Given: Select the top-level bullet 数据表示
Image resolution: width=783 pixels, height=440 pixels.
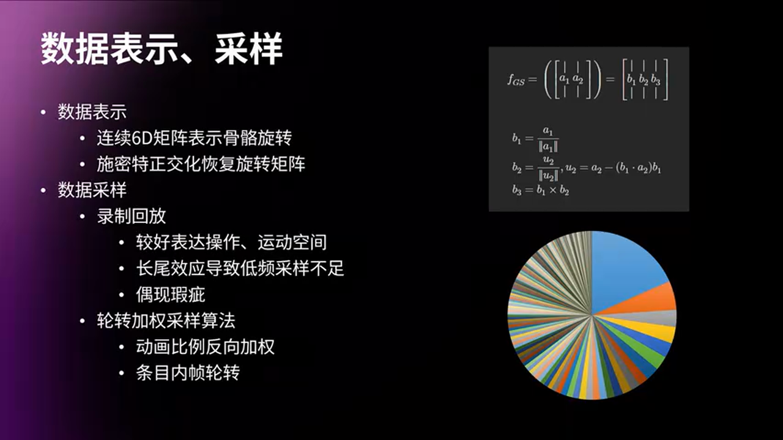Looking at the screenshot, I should click(92, 112).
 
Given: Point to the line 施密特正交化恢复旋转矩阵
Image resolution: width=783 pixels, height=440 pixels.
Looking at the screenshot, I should click(201, 164).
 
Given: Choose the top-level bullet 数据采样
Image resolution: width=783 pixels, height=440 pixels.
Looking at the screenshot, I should click(92, 190).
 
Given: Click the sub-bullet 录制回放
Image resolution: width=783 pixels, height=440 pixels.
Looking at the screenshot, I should click(131, 216).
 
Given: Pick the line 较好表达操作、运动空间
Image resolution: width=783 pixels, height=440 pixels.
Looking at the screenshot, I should click(231, 243).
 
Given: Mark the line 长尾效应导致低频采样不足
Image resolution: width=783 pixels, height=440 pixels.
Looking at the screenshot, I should click(240, 268).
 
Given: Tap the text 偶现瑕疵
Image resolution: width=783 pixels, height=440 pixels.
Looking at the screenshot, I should click(170, 295).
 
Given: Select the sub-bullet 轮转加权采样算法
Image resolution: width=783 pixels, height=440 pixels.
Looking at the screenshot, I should click(166, 321).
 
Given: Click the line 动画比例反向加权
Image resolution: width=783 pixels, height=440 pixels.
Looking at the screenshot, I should click(205, 347).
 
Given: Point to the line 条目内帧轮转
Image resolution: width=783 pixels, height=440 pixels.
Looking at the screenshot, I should click(188, 373).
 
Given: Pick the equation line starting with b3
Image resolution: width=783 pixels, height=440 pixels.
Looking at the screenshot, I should click(541, 189).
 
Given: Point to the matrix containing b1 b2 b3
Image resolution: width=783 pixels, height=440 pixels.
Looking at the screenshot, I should click(645, 80).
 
